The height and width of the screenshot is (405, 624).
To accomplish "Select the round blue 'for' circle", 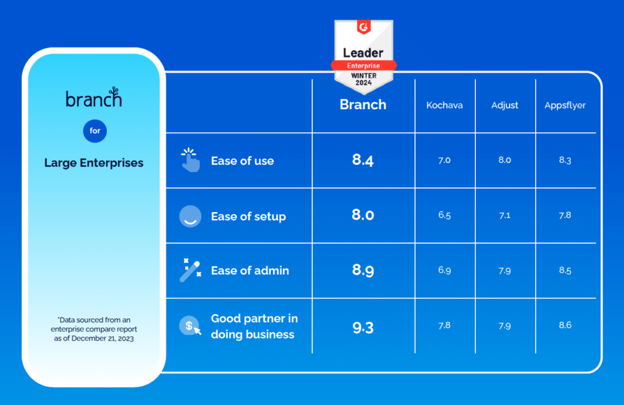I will [94, 131].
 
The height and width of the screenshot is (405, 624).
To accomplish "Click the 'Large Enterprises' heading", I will [94, 163].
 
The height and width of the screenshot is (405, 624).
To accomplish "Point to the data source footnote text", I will [93, 329].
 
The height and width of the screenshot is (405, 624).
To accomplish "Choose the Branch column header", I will [363, 104].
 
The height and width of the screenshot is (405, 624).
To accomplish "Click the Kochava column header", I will [444, 105].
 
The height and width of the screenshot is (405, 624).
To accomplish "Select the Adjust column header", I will [505, 105].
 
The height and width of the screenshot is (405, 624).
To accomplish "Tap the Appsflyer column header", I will [565, 105].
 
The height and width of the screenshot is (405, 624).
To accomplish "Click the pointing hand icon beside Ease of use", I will [190, 160].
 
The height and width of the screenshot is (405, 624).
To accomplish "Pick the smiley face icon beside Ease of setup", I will [190, 216].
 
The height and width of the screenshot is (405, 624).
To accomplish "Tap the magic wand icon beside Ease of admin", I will [190, 270].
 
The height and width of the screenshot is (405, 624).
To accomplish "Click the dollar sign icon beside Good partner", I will [190, 326].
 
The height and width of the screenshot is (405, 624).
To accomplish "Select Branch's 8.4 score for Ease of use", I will [363, 160].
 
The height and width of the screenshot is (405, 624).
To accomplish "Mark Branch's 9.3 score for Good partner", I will [363, 328].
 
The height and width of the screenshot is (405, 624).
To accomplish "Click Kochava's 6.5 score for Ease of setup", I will [444, 215].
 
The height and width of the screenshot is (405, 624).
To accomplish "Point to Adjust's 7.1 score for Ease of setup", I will [505, 215].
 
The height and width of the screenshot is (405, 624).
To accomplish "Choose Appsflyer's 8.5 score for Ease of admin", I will [565, 270].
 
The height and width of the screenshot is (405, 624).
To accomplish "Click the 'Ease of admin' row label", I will [250, 270].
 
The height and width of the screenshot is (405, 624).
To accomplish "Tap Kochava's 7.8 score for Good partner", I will [444, 325].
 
